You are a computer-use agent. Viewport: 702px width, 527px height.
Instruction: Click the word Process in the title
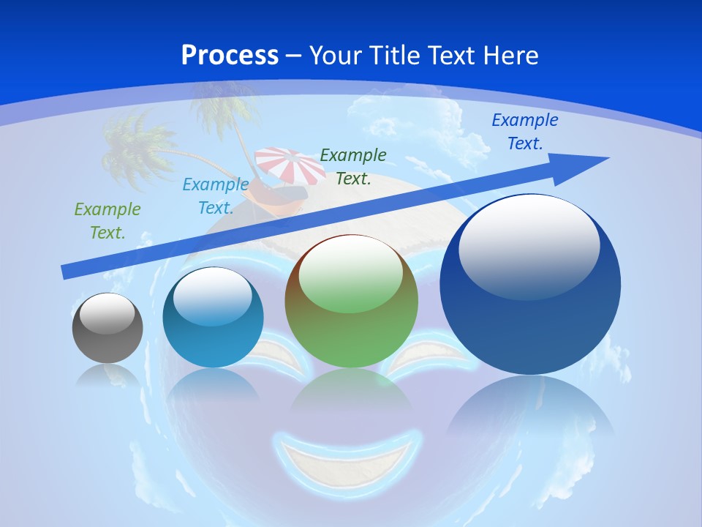(230, 56)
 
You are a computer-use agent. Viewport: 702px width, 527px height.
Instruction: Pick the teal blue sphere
(213, 318)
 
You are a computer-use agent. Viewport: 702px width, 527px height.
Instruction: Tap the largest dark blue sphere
(530, 285)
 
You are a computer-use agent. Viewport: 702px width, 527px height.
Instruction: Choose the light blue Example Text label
(216, 196)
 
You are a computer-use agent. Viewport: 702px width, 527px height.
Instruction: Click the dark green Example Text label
(353, 166)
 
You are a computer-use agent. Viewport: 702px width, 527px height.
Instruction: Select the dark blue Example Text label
(524, 132)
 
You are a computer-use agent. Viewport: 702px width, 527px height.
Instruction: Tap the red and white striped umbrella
(291, 165)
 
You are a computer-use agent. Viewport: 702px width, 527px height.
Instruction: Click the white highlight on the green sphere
(351, 274)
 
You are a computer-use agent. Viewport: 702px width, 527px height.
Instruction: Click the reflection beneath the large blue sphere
(530, 410)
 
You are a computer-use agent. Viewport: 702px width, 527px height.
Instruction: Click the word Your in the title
(334, 56)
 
